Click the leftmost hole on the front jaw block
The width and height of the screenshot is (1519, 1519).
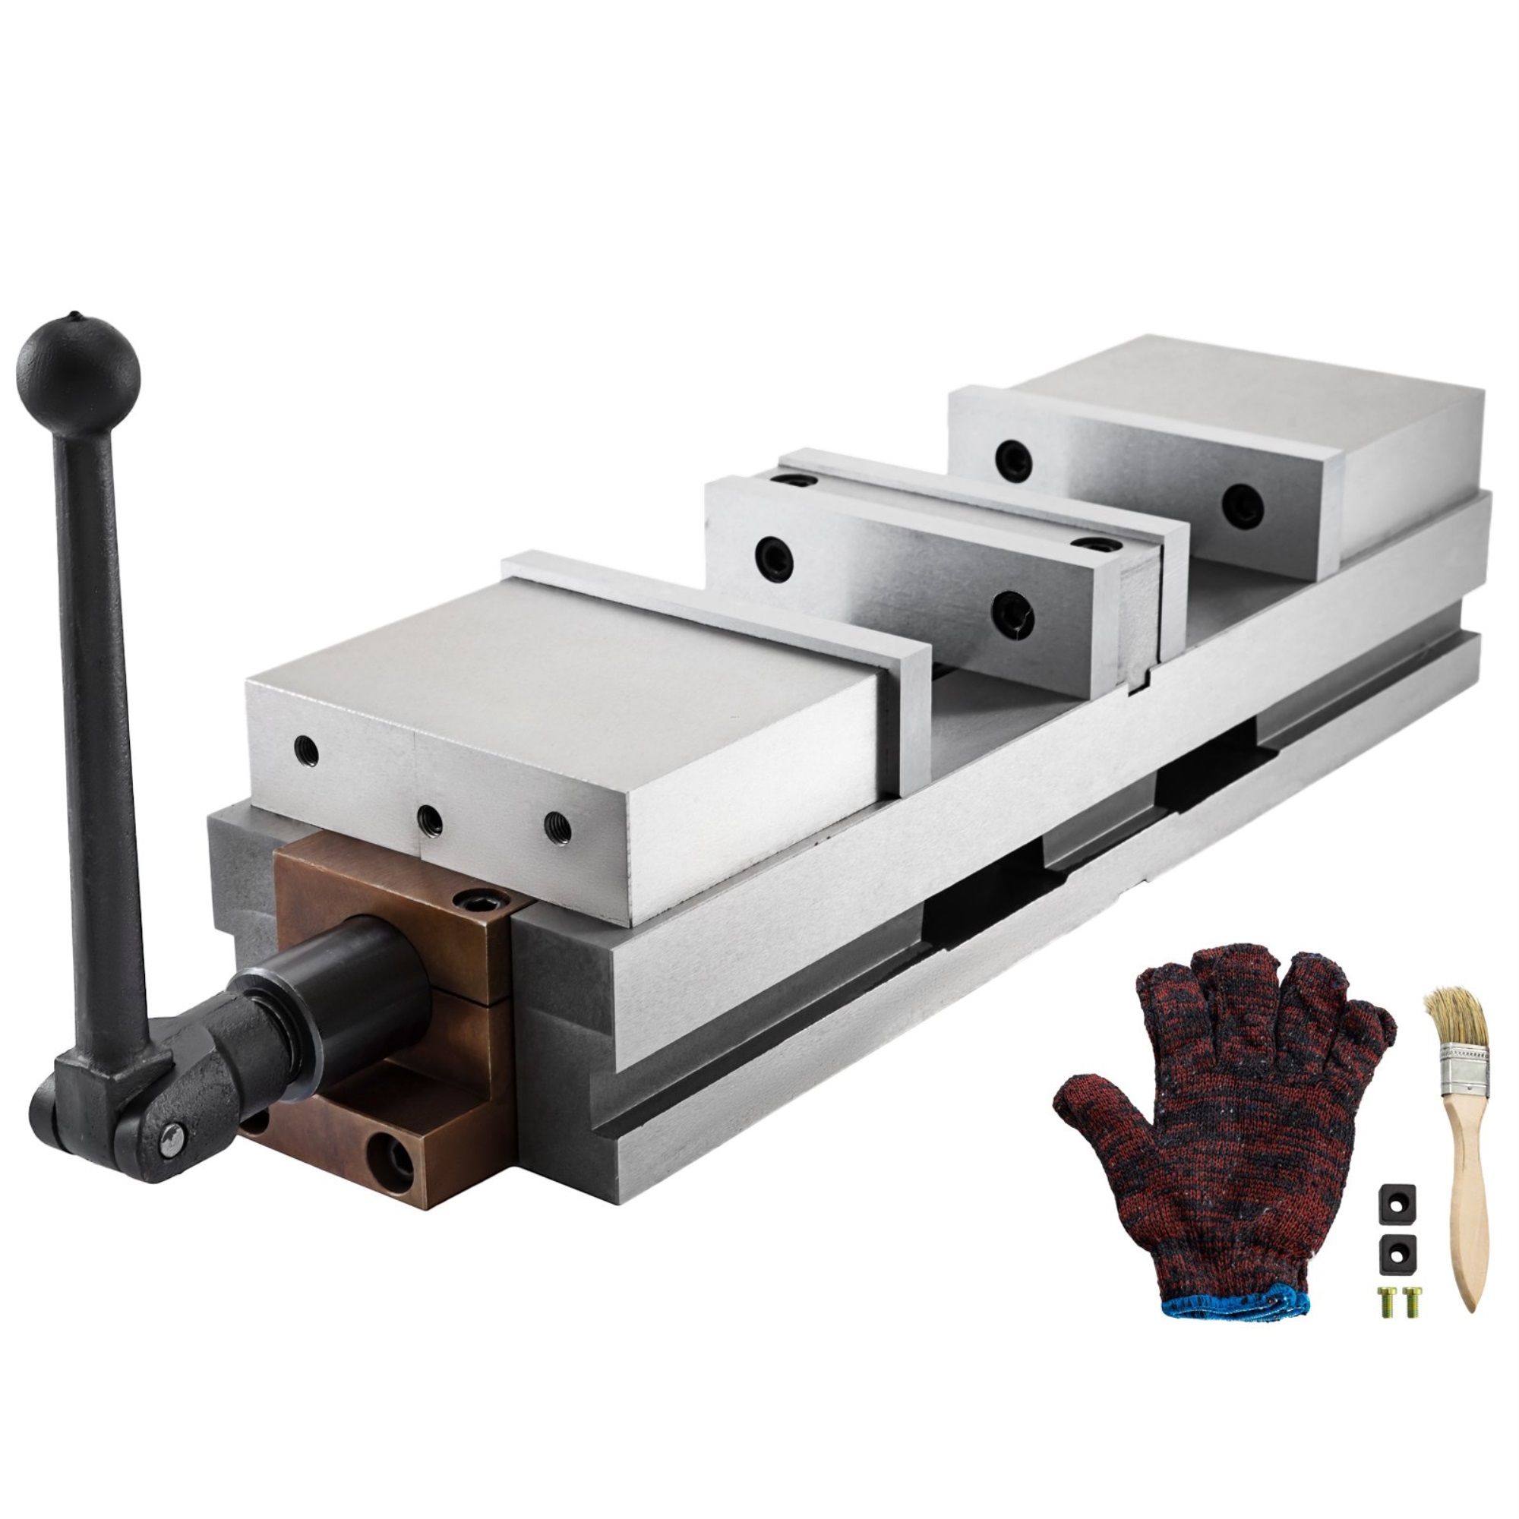click(x=305, y=751)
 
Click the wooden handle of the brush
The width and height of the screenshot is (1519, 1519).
click(x=1464, y=1203)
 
